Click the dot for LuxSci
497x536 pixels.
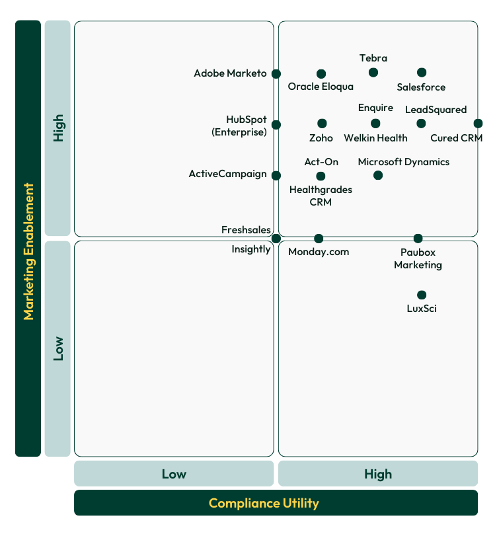(422, 295)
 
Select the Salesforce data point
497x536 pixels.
(422, 73)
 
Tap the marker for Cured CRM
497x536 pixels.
(478, 124)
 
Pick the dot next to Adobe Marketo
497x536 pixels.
(276, 74)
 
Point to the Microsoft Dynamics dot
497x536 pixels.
(378, 175)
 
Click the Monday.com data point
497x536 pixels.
(319, 239)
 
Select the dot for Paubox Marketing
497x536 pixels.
(418, 239)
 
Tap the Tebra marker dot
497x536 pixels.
(373, 73)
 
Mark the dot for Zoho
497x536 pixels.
(322, 124)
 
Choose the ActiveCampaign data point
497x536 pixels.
(276, 176)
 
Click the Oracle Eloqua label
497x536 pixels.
(321, 87)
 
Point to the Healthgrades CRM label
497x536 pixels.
(321, 196)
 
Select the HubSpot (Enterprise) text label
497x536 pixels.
(239, 126)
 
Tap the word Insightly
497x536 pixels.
(251, 249)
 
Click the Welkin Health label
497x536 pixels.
(375, 138)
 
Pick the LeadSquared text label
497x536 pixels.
(436, 110)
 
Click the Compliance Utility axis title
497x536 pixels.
(264, 503)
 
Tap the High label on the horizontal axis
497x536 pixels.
(377, 474)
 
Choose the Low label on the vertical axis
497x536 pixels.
(58, 348)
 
